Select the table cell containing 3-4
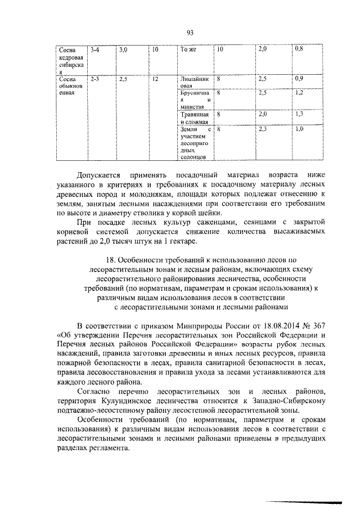94,50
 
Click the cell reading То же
187,50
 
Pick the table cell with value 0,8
299,50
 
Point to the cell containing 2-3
94,80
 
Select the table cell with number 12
155,80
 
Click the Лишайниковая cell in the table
193,83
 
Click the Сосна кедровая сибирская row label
70,61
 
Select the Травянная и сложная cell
195,118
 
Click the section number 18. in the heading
111,260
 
